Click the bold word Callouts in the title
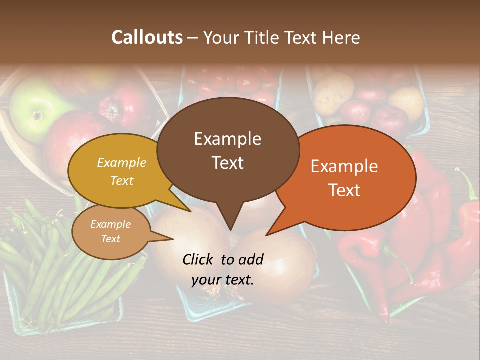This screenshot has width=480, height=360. pyautogui.click(x=147, y=37)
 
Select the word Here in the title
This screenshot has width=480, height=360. pyautogui.click(x=341, y=37)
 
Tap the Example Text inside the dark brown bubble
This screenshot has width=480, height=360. pyautogui.click(x=227, y=150)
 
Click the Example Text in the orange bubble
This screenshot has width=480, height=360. pyautogui.click(x=344, y=178)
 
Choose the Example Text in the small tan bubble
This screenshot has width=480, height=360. pyautogui.click(x=110, y=231)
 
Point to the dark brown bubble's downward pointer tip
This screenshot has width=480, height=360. pyautogui.click(x=230, y=230)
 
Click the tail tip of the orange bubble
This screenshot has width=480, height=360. pyautogui.click(x=266, y=235)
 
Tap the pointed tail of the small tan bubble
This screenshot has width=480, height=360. pyautogui.click(x=173, y=239)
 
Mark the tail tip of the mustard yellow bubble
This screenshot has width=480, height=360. pyautogui.click(x=190, y=211)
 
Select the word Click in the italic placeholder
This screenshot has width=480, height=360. pyautogui.click(x=199, y=259)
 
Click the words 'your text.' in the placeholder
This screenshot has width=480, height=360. pyautogui.click(x=223, y=280)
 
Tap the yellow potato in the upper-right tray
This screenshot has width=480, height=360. pyautogui.click(x=332, y=92)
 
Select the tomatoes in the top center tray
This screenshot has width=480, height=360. pyautogui.click(x=230, y=82)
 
